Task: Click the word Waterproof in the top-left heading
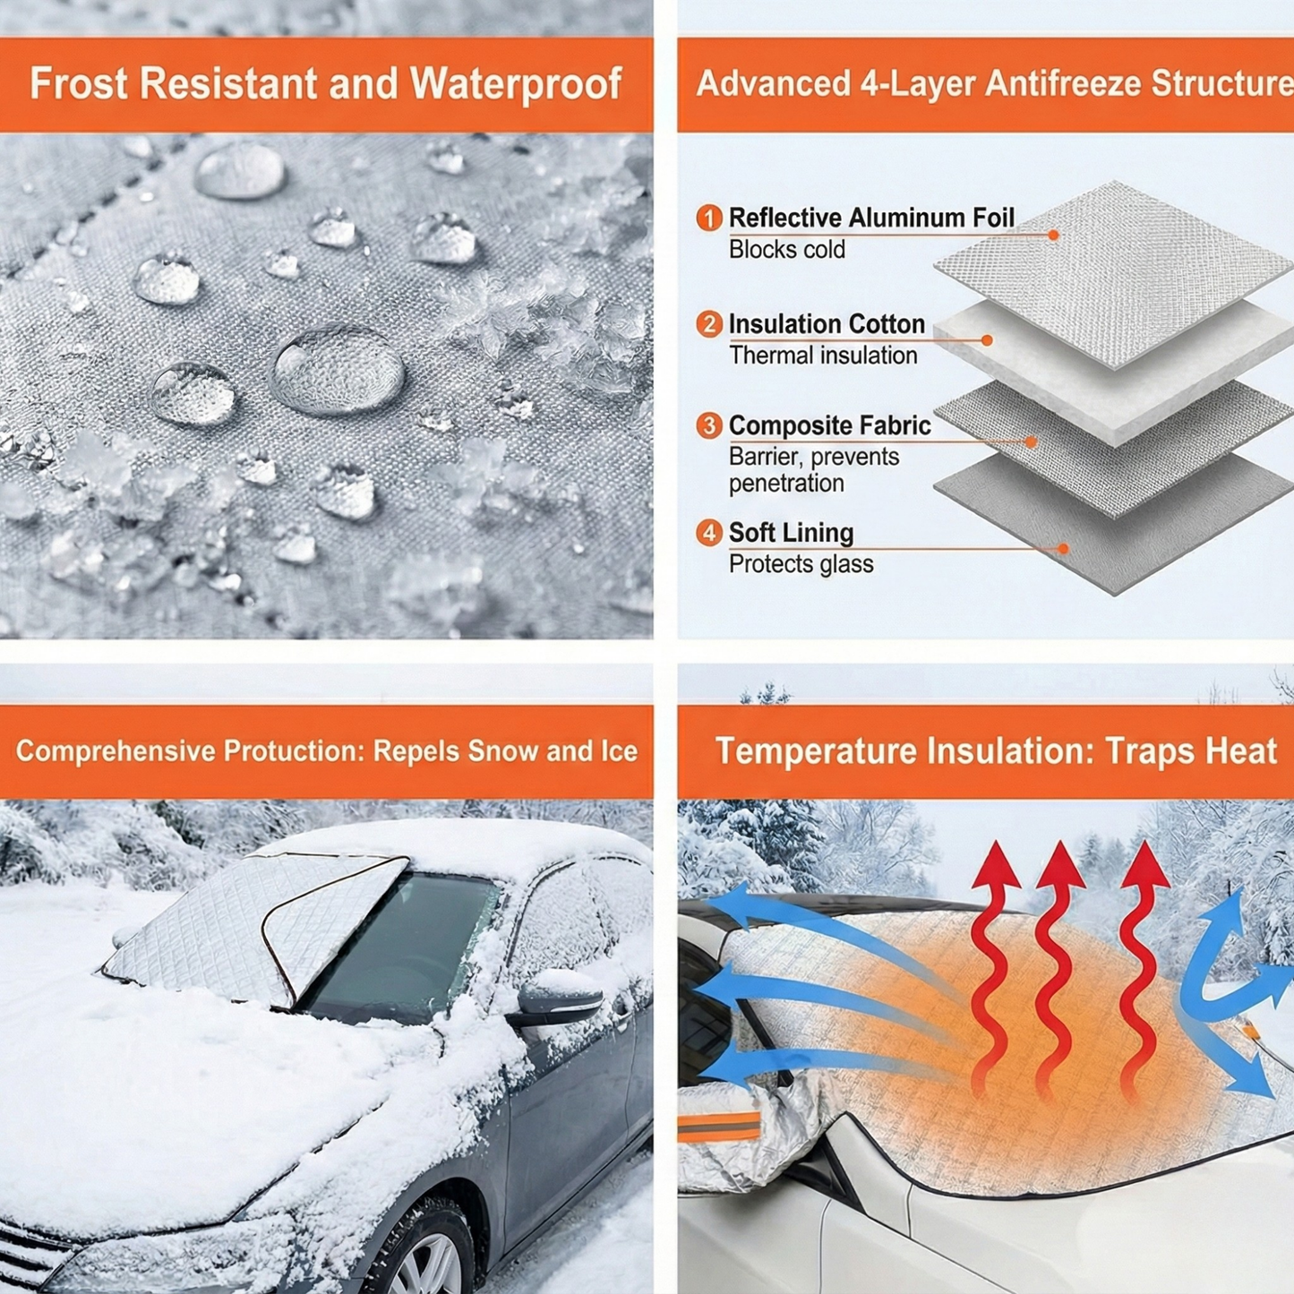(x=516, y=84)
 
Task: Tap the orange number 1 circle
(x=709, y=219)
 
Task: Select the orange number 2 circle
(x=709, y=324)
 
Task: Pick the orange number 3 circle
(x=709, y=425)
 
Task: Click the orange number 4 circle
(x=709, y=533)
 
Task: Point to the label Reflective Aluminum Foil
(x=871, y=219)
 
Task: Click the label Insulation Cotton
(x=827, y=324)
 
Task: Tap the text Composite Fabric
(x=830, y=425)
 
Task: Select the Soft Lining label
(x=791, y=533)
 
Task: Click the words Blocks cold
(x=787, y=250)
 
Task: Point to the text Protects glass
(x=801, y=564)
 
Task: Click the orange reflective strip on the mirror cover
(x=719, y=1127)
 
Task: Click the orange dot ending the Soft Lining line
(x=1063, y=549)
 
